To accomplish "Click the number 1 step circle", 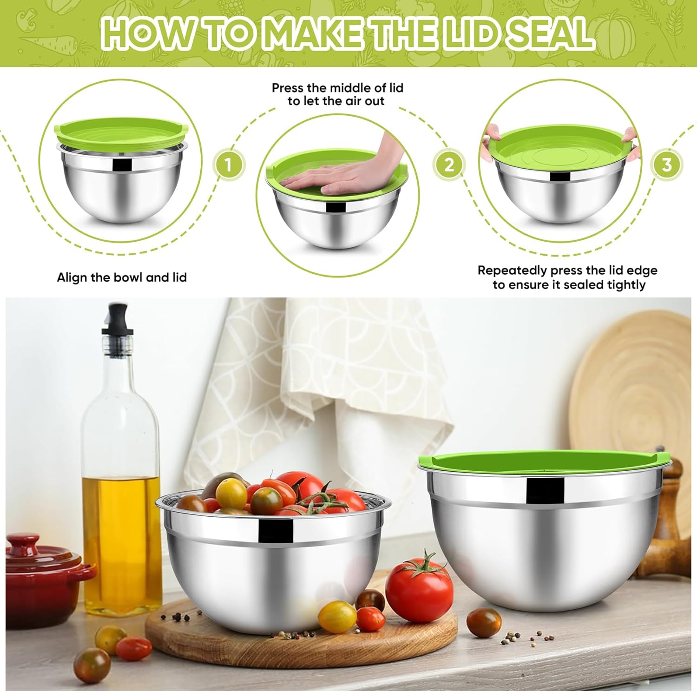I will click(228, 164).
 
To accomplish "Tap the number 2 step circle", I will click(449, 164).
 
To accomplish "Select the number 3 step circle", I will click(667, 164).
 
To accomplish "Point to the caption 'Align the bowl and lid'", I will click(122, 277).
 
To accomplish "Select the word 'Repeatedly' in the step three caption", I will click(512, 270).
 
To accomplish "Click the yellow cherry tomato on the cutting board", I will click(338, 616).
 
